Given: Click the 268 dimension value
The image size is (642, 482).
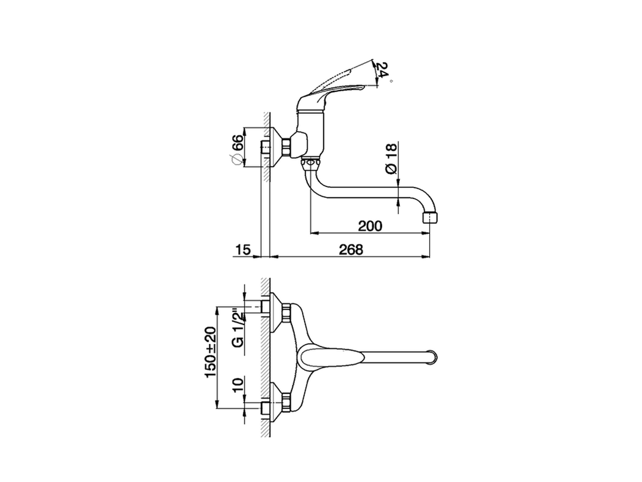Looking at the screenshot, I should pos(351,250).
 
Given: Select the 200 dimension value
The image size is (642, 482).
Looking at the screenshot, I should pos(370,226).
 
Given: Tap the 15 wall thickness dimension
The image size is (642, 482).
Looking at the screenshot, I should pos(243,250).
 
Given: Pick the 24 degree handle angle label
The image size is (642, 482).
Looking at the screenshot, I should pos(383,70).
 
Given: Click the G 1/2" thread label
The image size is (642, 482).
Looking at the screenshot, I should pos(239,329).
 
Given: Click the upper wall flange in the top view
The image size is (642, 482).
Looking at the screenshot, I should pos(275,313).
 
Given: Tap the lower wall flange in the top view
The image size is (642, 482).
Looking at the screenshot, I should pos(275,402).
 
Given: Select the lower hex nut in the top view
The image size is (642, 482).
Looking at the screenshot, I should pos(286,402).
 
